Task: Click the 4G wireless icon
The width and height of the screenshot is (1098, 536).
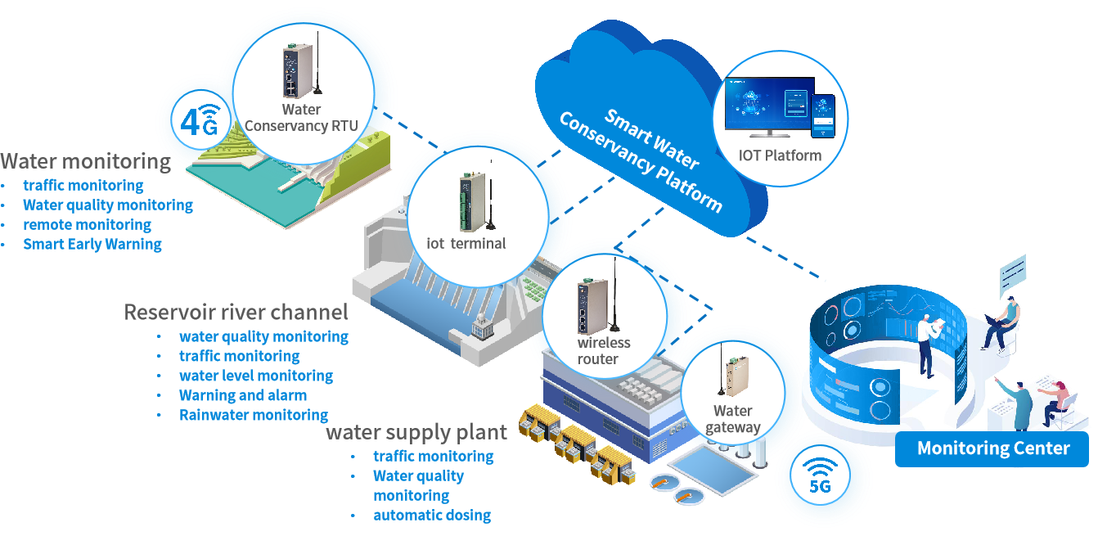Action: point(200,121)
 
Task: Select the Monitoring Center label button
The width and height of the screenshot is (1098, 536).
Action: point(992,448)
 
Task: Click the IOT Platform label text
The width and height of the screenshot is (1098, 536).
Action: point(780,155)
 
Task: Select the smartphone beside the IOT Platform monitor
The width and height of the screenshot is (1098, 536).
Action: point(821,115)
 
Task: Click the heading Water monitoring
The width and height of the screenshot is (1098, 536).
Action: point(86,161)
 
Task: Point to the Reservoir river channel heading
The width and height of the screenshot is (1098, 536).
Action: point(236,312)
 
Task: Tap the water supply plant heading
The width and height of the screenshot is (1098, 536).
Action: point(416,432)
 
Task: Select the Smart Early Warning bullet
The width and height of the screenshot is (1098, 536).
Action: point(92,244)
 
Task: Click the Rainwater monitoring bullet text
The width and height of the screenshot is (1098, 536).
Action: point(254,415)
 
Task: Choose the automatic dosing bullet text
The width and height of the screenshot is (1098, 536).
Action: point(432,515)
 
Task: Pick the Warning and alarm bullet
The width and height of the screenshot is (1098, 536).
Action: point(243,395)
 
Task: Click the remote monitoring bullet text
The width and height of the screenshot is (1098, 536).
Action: point(88,224)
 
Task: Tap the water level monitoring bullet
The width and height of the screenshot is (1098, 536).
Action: point(256,376)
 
